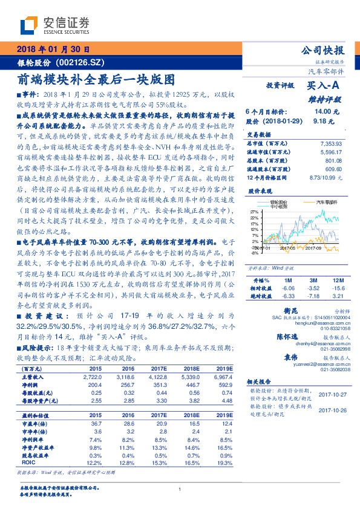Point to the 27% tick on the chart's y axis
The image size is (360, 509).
(255, 212)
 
